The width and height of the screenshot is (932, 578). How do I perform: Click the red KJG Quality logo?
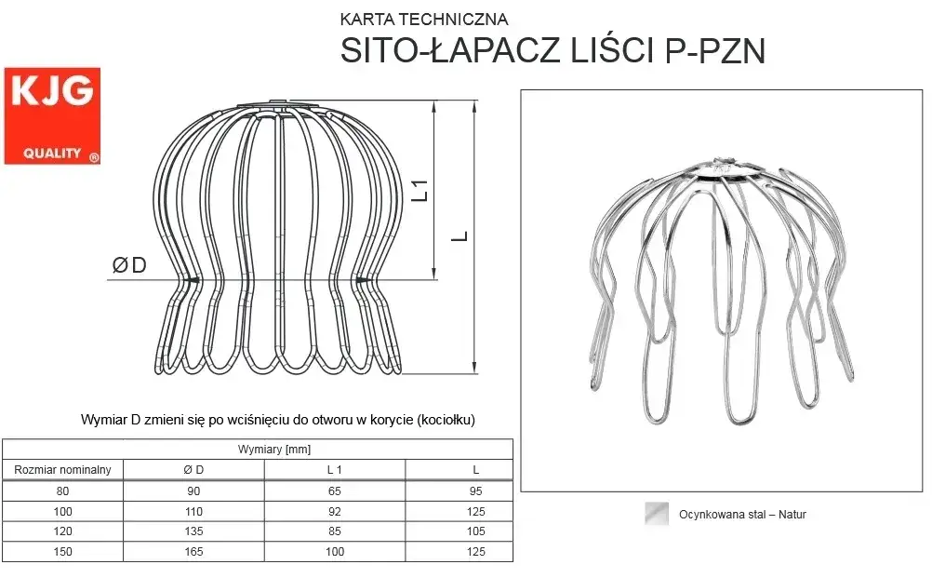click(x=52, y=116)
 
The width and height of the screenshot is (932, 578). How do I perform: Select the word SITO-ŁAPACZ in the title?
click(x=450, y=50)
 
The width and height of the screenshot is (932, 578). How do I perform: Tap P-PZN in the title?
click(x=715, y=51)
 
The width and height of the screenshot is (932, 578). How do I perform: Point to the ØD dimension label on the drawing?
click(x=129, y=265)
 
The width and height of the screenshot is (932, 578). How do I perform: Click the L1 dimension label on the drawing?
click(x=420, y=190)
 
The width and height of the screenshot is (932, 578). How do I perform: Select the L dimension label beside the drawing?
click(x=459, y=236)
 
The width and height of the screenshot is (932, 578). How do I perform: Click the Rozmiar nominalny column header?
click(x=62, y=470)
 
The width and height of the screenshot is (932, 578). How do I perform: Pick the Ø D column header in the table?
click(x=193, y=470)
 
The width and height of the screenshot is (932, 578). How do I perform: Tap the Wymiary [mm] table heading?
click(x=274, y=450)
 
